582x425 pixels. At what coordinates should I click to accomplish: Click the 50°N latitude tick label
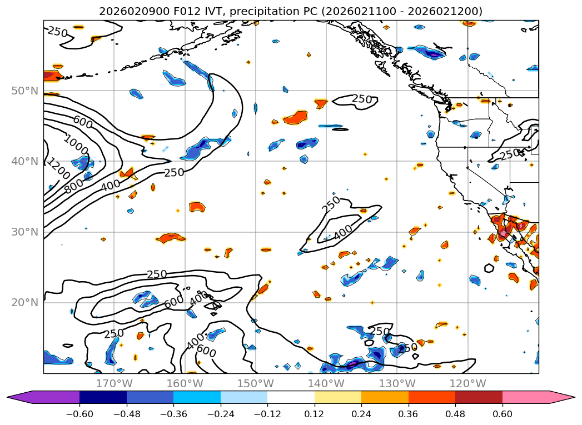point(24,91)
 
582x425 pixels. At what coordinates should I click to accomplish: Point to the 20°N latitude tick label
point(24,302)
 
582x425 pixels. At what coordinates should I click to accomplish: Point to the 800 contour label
point(74,187)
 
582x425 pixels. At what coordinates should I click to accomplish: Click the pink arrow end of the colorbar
point(562,397)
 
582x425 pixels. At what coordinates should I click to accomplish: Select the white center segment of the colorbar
point(291,397)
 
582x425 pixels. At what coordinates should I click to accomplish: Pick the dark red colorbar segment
point(479,397)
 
